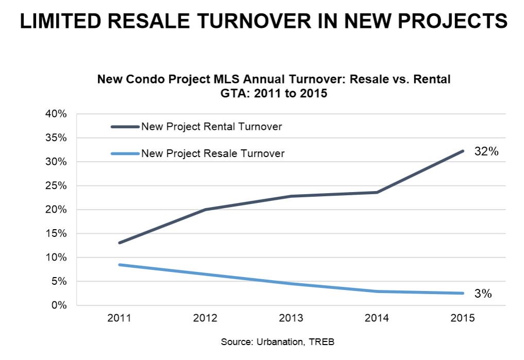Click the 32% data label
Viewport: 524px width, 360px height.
(486, 152)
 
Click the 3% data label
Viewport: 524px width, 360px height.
(483, 294)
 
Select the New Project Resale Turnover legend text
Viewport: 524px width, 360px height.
(212, 153)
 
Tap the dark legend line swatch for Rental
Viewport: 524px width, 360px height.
(124, 127)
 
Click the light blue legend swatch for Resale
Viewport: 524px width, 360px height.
(124, 153)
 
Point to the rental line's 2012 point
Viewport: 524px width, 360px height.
(205, 210)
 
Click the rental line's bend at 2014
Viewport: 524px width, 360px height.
(377, 192)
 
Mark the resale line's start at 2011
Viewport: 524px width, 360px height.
(119, 265)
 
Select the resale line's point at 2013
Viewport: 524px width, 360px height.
(291, 284)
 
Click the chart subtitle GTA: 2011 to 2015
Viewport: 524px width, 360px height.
(274, 94)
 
